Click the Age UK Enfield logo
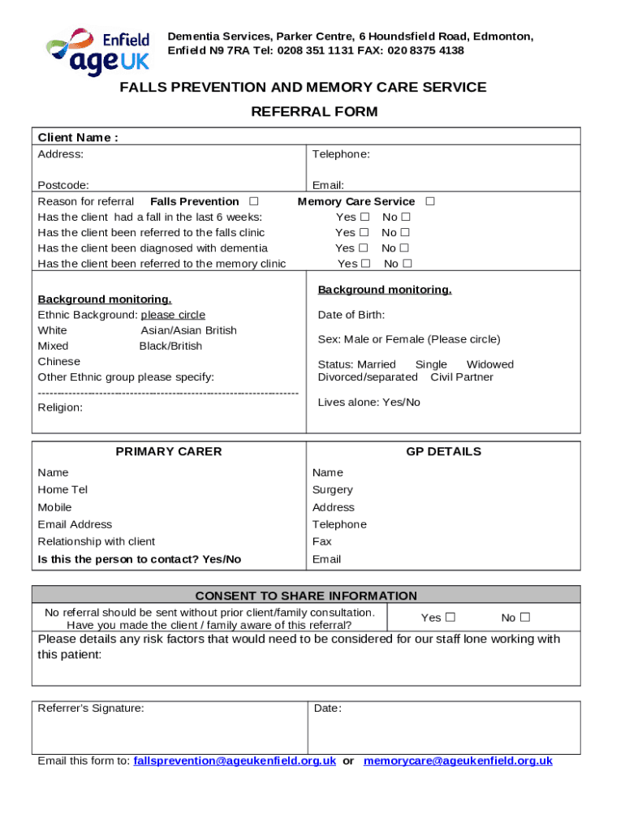tap(98, 51)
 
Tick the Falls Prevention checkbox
tap(254, 201)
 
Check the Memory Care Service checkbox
tap(430, 201)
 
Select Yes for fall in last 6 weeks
tap(364, 217)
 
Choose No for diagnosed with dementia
tap(405, 248)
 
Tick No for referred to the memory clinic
tap(407, 264)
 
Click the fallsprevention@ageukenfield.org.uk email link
tap(235, 760)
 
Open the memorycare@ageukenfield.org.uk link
tap(458, 760)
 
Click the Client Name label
tap(78, 137)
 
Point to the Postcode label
tap(63, 185)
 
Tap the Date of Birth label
tap(351, 315)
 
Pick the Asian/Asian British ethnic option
tap(189, 330)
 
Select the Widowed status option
tap(489, 364)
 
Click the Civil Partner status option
tap(462, 377)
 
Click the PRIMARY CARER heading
tap(169, 451)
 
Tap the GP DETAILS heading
tap(443, 451)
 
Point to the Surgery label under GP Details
tap(333, 490)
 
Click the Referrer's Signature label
tap(91, 708)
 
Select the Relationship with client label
tap(97, 541)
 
